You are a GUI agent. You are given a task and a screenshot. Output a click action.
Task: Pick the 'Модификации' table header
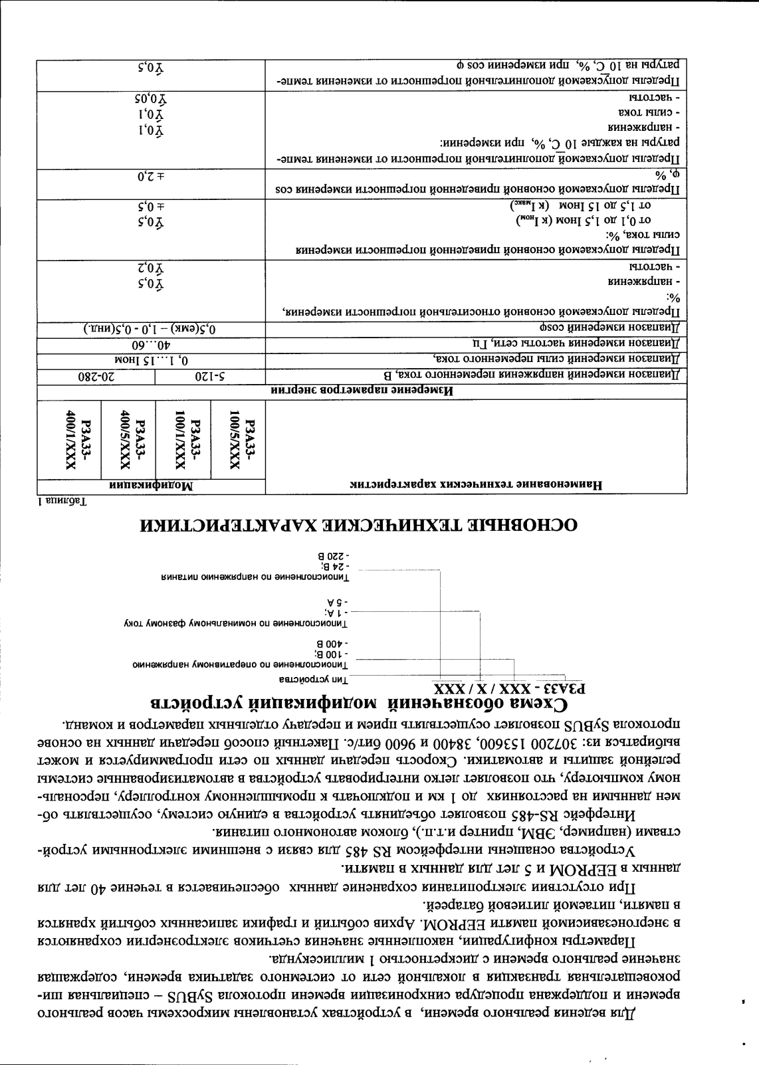pyautogui.click(x=150, y=485)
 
